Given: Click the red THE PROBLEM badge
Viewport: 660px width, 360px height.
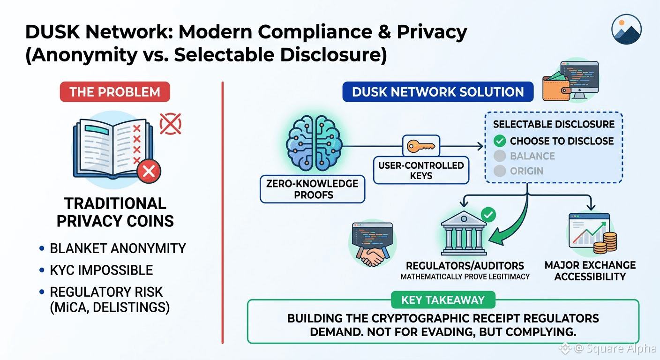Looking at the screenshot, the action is coord(115,92).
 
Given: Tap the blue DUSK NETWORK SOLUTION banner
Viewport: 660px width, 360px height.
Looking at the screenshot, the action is coord(438,92).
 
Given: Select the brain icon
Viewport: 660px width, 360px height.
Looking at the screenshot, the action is coord(314,143).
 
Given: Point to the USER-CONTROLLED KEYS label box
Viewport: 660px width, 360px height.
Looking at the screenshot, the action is coord(421,170).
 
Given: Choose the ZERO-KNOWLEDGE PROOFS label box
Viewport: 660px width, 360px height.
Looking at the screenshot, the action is coord(313,189).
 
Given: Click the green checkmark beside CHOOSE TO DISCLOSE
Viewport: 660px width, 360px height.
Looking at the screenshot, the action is coord(500,141).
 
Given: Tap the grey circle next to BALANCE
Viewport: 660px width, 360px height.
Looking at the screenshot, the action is coord(500,156).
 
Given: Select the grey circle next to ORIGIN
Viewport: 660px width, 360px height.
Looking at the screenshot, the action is coord(500,171).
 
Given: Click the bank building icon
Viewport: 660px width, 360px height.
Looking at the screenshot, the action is coord(464,233).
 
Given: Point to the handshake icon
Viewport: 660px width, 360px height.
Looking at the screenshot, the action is coord(373,256).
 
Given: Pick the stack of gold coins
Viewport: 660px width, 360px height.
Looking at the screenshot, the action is coord(605,243).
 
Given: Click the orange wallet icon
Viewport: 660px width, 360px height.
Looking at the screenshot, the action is coord(556,87).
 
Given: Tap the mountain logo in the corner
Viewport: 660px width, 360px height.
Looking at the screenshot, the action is coord(626,29).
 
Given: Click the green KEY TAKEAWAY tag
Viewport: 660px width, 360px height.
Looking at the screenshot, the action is coord(443,300).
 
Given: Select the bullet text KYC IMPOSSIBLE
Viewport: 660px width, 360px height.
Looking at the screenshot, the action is coord(101,270).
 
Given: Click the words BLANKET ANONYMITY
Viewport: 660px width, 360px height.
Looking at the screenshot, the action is coord(118,248).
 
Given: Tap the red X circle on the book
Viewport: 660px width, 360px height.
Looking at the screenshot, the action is coord(149,171).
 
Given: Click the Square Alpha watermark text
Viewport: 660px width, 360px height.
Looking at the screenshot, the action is coord(621,348).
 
